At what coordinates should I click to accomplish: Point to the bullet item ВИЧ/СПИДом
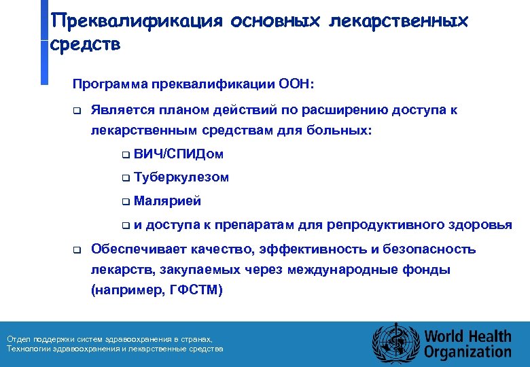179,154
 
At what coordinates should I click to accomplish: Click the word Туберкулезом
181,177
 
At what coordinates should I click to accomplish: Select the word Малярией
167,201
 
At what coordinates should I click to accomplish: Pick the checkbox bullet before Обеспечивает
77,250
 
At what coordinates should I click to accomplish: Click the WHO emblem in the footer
393,344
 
